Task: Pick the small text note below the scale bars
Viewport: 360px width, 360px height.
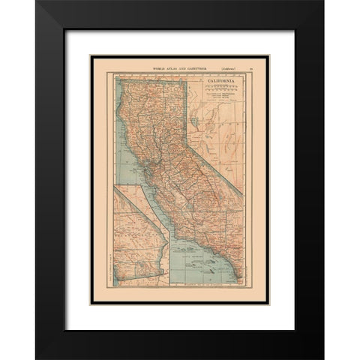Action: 214,96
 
